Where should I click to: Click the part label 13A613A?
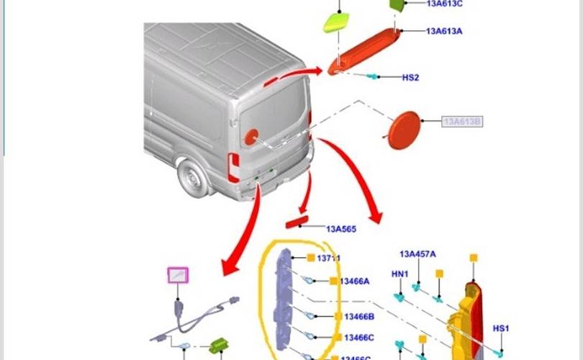[x=444, y=31]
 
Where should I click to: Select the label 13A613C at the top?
[x=444, y=4]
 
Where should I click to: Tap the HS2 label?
[x=410, y=77]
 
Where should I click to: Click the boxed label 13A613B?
[x=462, y=122]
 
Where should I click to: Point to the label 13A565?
[x=341, y=230]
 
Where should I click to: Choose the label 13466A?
[x=355, y=282]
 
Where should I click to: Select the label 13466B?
[x=359, y=317]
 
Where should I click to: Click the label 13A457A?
[x=417, y=254]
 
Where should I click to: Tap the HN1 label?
[x=399, y=274]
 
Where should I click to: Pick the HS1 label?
[x=501, y=329]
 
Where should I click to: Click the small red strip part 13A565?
[x=297, y=225]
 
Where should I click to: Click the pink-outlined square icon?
[x=177, y=276]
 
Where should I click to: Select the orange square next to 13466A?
[x=334, y=282]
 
